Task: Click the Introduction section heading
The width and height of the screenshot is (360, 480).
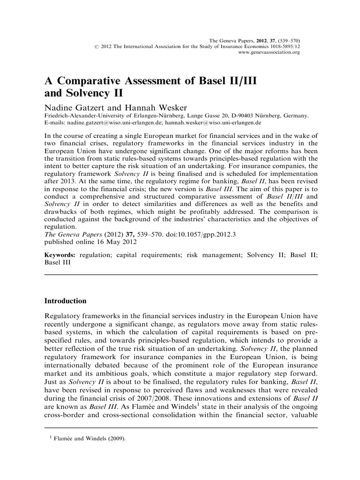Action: pos(65,300)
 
